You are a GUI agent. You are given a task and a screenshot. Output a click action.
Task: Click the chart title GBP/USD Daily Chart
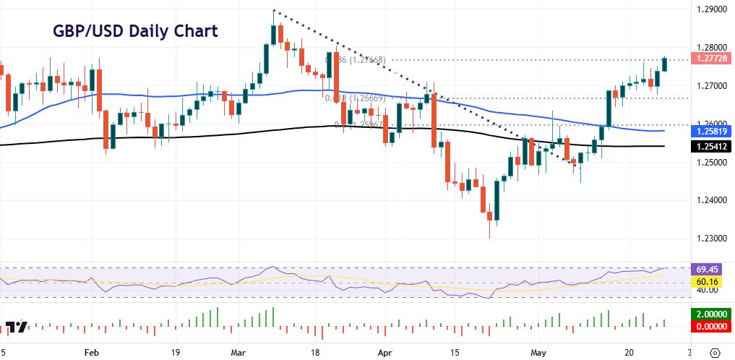pos(135,32)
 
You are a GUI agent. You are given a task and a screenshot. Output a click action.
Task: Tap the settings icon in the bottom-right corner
pos(715,352)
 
